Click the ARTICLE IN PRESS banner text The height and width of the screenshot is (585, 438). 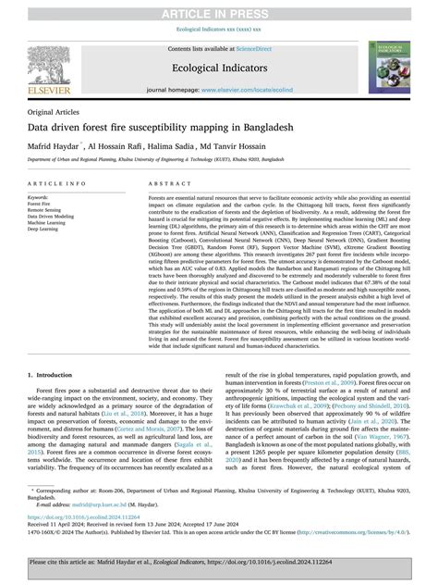(x=219, y=10)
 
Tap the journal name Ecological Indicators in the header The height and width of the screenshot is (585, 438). (x=218, y=68)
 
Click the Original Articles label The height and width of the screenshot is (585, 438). (x=55, y=111)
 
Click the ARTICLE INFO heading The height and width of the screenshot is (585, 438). (x=54, y=184)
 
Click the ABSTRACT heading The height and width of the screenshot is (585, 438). (x=167, y=184)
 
